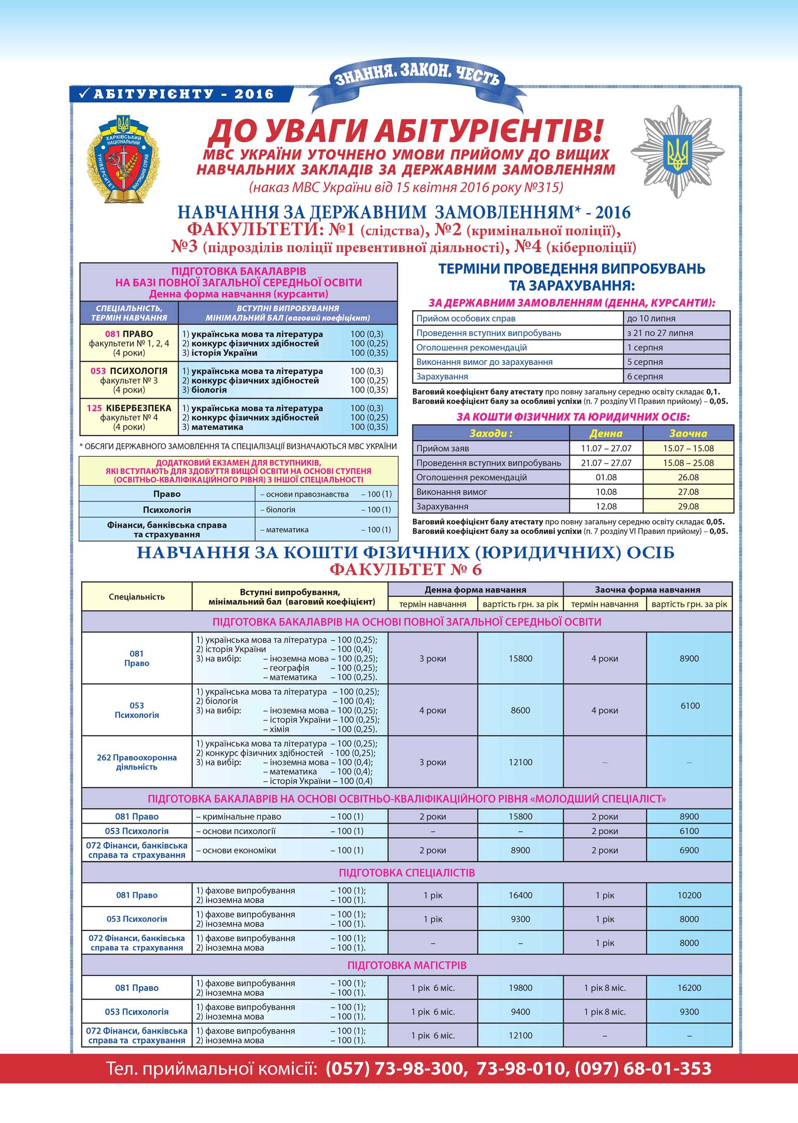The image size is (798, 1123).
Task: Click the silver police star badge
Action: coord(677,152)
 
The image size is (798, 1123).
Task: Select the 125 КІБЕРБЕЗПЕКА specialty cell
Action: coord(129,417)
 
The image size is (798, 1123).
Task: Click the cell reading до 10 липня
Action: coord(675,318)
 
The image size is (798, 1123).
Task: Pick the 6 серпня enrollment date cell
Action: coord(675,376)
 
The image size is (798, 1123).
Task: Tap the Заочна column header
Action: coord(688,433)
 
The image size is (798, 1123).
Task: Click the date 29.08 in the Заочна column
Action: coord(688,506)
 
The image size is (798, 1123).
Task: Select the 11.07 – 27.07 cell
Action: coord(605,448)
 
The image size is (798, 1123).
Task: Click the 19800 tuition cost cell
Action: coord(520,988)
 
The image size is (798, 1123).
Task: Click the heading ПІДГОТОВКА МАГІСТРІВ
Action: coord(406,965)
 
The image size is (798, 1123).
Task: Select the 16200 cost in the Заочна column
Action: coord(689,988)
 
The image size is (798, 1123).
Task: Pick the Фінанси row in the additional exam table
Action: coord(166,529)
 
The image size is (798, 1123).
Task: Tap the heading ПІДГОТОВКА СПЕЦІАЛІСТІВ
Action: coord(406,873)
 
